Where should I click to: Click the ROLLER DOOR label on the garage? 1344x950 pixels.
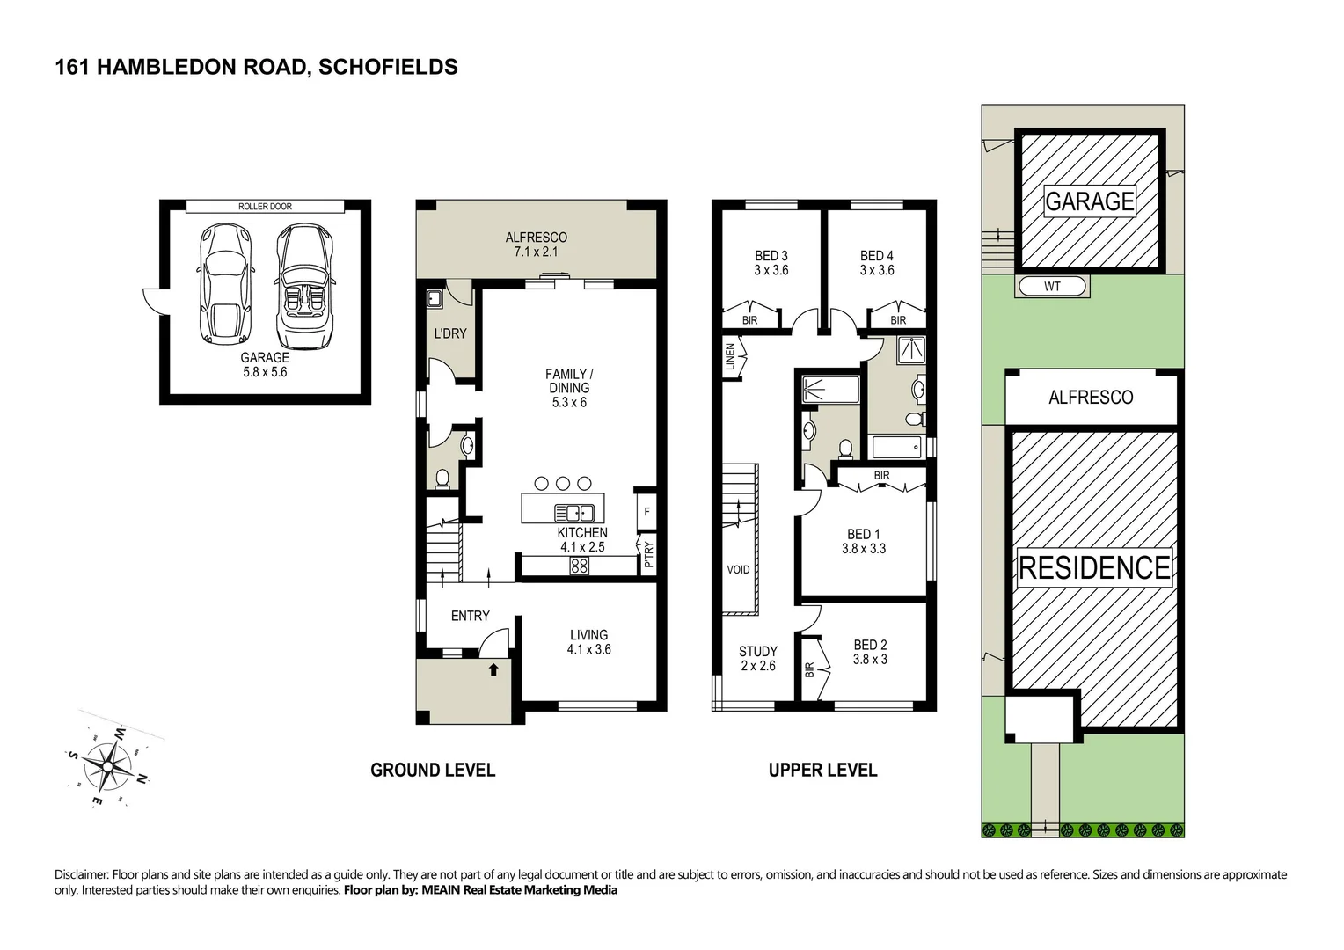265,207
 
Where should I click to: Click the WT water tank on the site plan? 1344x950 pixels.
1052,287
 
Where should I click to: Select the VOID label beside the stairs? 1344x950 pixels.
738,570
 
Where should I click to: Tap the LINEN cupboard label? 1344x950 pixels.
729,361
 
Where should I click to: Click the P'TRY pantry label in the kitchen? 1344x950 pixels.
648,554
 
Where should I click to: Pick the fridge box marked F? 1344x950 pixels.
646,511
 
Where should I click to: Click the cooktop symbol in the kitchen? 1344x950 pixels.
579,566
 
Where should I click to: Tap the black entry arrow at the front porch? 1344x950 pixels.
493,669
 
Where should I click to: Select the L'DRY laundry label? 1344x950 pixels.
450,333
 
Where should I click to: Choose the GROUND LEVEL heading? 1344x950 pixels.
433,771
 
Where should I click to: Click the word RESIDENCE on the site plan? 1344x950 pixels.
1094,568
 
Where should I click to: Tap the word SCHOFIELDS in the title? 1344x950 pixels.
388,67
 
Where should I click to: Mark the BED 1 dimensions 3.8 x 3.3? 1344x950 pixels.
863,549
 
